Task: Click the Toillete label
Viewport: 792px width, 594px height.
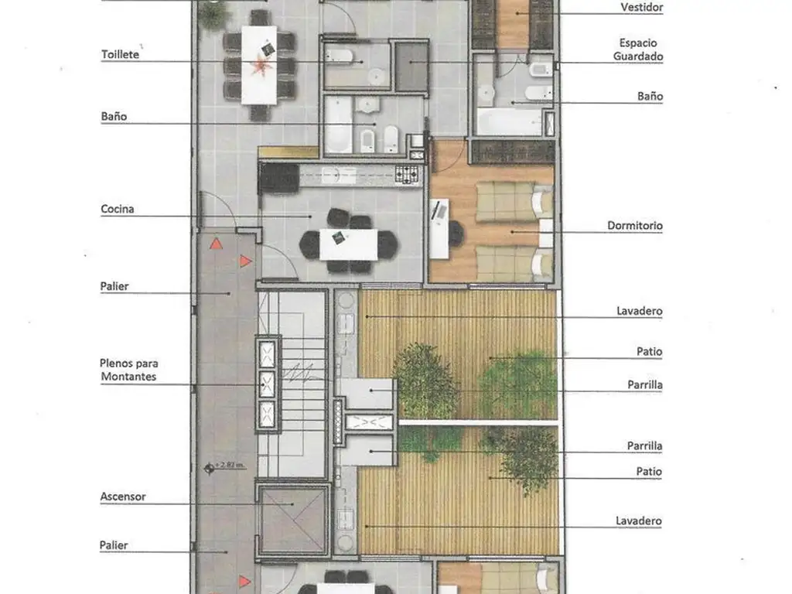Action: [x=120, y=54]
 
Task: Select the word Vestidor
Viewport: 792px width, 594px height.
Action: [x=641, y=7]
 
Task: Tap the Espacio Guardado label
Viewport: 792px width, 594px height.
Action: [x=638, y=49]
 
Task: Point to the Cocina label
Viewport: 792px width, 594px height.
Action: [x=118, y=209]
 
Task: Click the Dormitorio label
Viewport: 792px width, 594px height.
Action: [x=635, y=225]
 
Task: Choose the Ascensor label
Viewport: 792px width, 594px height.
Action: [x=123, y=497]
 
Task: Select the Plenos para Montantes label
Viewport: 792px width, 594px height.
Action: [x=129, y=370]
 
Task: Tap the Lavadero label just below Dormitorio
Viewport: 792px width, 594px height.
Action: [x=639, y=311]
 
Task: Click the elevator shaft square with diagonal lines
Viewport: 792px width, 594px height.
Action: [x=293, y=520]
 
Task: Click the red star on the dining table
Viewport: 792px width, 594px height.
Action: [x=261, y=65]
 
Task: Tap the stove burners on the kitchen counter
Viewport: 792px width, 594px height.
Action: [x=407, y=175]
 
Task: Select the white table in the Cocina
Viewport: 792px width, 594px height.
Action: [x=349, y=245]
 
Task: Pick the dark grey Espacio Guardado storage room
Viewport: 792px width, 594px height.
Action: [x=411, y=67]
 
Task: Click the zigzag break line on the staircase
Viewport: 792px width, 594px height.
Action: [x=302, y=372]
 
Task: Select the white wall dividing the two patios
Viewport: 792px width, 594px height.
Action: [x=478, y=422]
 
